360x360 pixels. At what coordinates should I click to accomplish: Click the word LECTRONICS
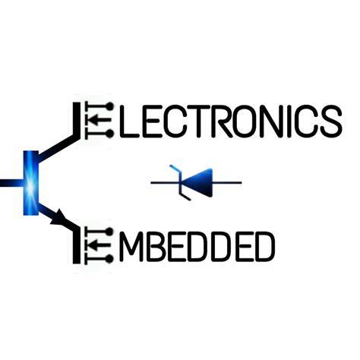[231, 122]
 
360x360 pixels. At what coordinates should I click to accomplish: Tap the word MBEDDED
[197, 246]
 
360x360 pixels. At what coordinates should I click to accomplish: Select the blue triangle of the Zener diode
[198, 182]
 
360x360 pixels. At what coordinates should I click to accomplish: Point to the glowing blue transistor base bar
[31, 183]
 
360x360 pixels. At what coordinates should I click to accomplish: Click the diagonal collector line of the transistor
[58, 148]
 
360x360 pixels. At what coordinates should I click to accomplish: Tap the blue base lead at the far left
[11, 183]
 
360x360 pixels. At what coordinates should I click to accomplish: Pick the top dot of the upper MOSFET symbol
[110, 106]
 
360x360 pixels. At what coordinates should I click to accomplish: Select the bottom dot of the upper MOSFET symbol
[110, 134]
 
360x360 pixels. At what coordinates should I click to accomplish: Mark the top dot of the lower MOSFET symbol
[109, 232]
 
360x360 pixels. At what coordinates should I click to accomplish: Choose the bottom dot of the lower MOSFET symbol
[109, 259]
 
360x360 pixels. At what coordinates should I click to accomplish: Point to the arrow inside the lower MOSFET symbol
[100, 245]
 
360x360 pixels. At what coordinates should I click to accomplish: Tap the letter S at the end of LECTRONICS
[331, 122]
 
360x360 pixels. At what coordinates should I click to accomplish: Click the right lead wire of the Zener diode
[227, 182]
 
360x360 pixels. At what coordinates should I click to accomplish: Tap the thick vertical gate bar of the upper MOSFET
[77, 121]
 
